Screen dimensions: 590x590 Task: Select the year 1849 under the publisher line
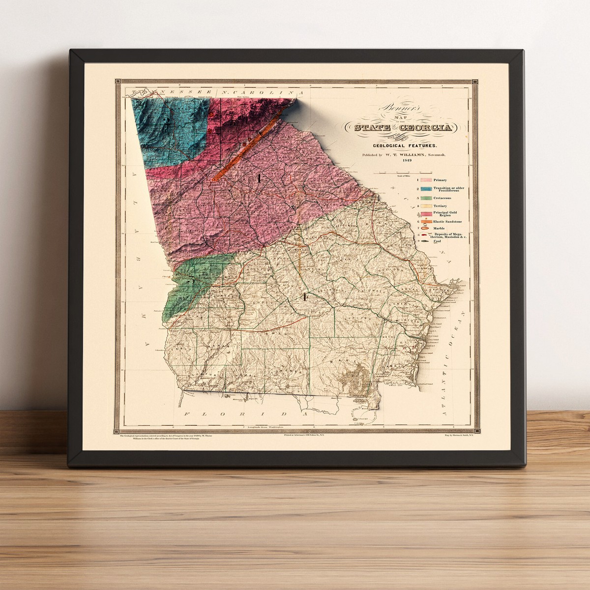(x=406, y=160)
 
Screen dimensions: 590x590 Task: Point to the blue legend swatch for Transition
(x=425, y=189)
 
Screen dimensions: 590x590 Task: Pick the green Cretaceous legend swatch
(x=425, y=197)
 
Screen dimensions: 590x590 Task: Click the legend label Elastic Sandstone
(x=447, y=222)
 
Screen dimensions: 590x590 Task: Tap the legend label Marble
(x=440, y=228)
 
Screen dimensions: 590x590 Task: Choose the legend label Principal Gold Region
(x=446, y=214)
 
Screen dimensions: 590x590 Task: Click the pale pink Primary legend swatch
(x=425, y=180)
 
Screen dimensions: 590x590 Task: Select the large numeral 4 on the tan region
(x=305, y=296)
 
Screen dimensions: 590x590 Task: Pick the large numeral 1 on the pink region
(x=258, y=178)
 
